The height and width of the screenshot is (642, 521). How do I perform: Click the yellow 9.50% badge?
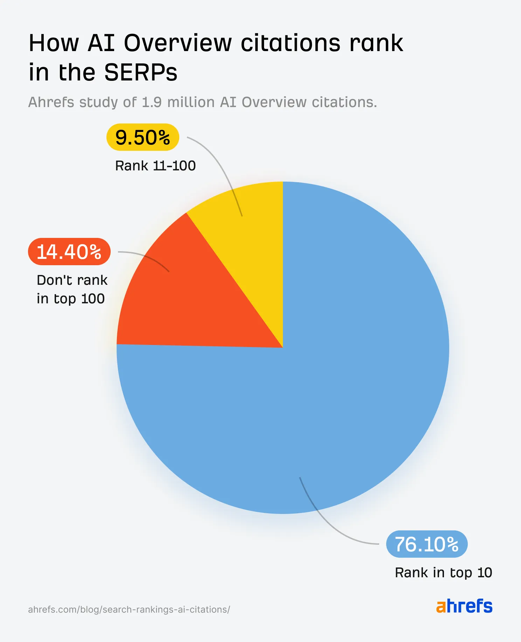coord(143,137)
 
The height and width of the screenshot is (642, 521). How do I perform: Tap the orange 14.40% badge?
coord(69,252)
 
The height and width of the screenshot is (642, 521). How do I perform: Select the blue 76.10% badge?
coord(426,544)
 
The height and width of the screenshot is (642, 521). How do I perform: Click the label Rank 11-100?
coord(155,166)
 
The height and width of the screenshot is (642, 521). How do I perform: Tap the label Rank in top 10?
coord(443,573)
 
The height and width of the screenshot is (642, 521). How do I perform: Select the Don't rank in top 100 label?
coord(72,289)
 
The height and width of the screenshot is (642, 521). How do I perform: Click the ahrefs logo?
coord(464,606)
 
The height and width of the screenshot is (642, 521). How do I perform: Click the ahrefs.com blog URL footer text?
coord(129,609)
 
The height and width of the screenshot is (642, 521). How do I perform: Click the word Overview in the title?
coord(178,43)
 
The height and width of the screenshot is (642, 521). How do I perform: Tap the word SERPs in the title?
coord(141,73)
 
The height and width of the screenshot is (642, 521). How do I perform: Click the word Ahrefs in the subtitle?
coord(51,103)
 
